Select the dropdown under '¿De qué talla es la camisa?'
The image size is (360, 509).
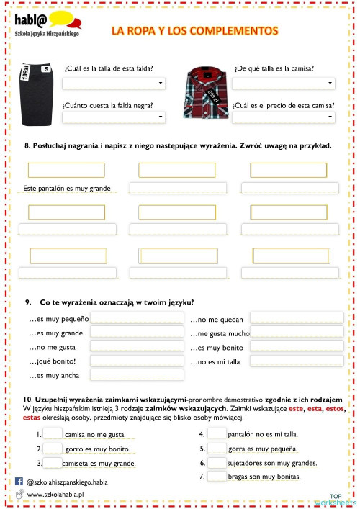pyautogui.click(x=284, y=84)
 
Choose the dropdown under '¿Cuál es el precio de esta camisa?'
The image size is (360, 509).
pyautogui.click(x=284, y=117)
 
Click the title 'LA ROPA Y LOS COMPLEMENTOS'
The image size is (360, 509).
pyautogui.click(x=194, y=31)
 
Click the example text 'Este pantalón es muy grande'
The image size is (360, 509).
pyautogui.click(x=66, y=189)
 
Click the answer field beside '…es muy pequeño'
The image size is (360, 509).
pyautogui.click(x=137, y=318)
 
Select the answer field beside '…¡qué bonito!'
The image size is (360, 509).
pyautogui.click(x=137, y=361)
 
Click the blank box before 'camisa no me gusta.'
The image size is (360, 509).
pyautogui.click(x=53, y=434)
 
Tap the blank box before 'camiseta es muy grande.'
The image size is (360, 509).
pyautogui.click(x=53, y=463)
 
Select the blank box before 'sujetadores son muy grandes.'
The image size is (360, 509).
pyautogui.click(x=217, y=462)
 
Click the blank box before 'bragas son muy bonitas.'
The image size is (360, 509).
pyautogui.click(x=217, y=476)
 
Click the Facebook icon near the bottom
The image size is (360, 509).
pyautogui.click(x=19, y=480)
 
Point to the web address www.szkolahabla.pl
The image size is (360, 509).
pyautogui.click(x=55, y=495)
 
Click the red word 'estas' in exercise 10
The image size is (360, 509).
pyautogui.click(x=32, y=417)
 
